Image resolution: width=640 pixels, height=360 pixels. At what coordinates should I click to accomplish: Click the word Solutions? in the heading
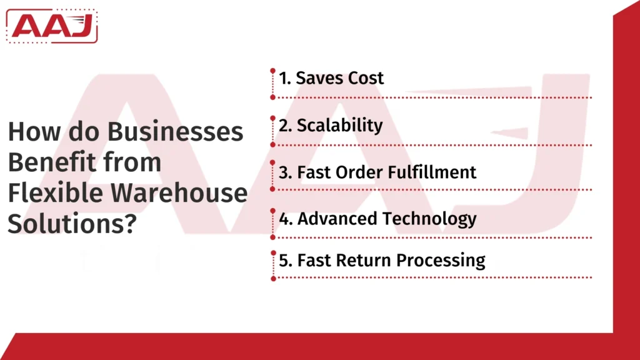click(72, 223)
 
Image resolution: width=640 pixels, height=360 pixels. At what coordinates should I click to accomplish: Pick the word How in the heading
click(30, 133)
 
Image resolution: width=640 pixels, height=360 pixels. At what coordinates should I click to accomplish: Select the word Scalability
click(339, 125)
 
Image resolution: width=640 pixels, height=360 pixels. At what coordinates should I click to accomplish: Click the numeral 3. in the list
click(285, 172)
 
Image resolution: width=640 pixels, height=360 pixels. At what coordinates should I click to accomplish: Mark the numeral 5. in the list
click(285, 259)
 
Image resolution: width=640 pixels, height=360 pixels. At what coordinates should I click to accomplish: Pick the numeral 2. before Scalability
click(285, 125)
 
